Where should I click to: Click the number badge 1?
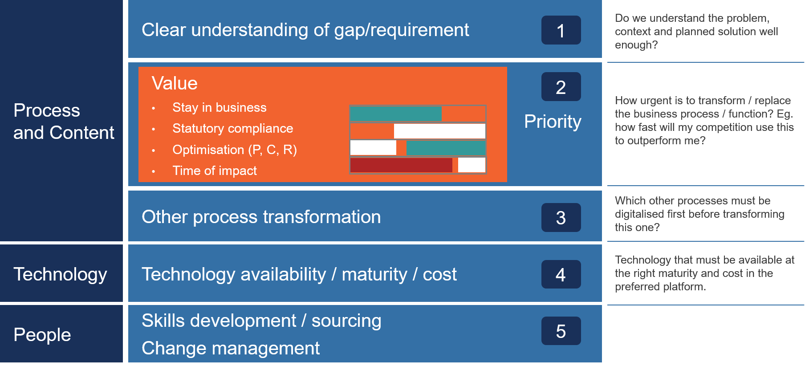(561, 30)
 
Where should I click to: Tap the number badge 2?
(561, 87)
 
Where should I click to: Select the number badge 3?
(561, 218)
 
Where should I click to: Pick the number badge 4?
(561, 274)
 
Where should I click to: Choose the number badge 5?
(561, 331)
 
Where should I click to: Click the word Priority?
(553, 122)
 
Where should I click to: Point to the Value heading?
(175, 83)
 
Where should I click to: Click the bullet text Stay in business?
(220, 108)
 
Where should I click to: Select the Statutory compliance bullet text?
(233, 129)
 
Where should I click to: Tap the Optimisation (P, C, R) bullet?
(235, 150)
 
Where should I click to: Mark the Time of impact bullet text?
(215, 171)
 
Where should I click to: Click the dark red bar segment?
(401, 165)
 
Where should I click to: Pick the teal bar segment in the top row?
(396, 114)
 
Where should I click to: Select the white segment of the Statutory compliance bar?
(439, 131)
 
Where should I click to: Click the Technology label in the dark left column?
(61, 274)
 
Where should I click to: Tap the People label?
(42, 335)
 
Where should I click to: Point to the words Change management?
(231, 348)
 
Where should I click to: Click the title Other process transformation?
(261, 217)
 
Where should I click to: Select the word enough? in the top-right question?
(636, 45)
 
